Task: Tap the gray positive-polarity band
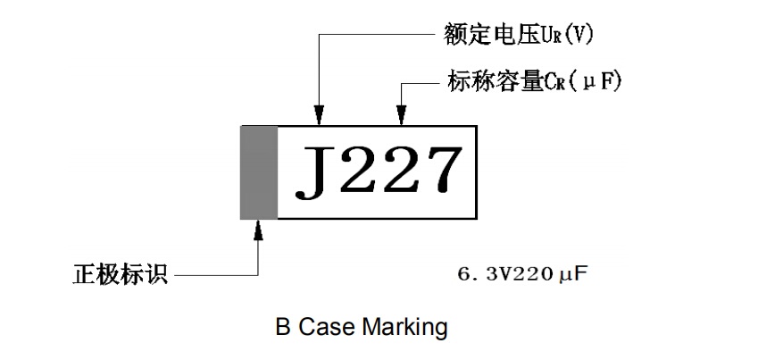258,172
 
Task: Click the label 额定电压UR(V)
518,35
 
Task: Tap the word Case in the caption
326,328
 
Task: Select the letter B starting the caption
282,328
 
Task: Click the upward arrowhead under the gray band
259,230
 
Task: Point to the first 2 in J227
354,171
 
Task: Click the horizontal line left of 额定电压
375,37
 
